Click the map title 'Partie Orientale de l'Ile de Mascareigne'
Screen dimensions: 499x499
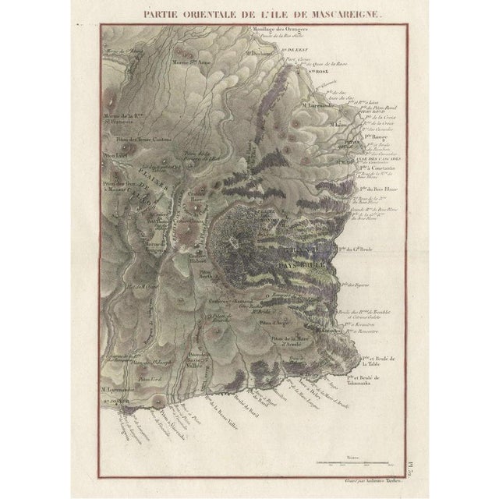(249, 13)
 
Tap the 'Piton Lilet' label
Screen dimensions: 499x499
(115, 154)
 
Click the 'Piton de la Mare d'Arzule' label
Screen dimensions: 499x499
(292, 342)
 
